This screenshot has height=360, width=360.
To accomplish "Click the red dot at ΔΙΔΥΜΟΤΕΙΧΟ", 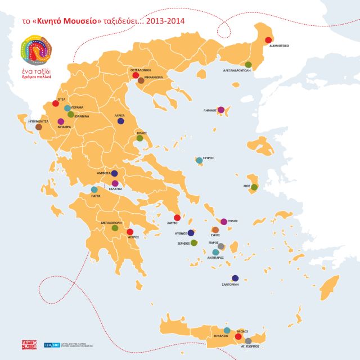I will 268,39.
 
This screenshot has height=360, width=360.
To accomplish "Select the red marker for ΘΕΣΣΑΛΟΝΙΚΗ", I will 135,75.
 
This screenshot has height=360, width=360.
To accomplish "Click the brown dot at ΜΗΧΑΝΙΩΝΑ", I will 141,81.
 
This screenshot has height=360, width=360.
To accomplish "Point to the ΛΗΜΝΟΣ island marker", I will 221,110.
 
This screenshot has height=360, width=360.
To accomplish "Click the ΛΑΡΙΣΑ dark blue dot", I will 121,120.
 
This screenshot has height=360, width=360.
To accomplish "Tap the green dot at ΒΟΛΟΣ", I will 139,138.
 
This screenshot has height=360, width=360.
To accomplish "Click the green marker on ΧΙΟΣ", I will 254,187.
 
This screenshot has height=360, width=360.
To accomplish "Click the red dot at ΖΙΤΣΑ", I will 55,103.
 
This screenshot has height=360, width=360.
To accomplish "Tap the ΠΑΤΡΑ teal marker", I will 94,190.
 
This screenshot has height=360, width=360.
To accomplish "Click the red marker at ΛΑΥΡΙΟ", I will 177,218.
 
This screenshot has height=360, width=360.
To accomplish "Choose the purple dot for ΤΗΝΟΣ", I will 224,222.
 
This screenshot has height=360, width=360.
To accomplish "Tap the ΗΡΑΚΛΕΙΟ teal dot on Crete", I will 227,330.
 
